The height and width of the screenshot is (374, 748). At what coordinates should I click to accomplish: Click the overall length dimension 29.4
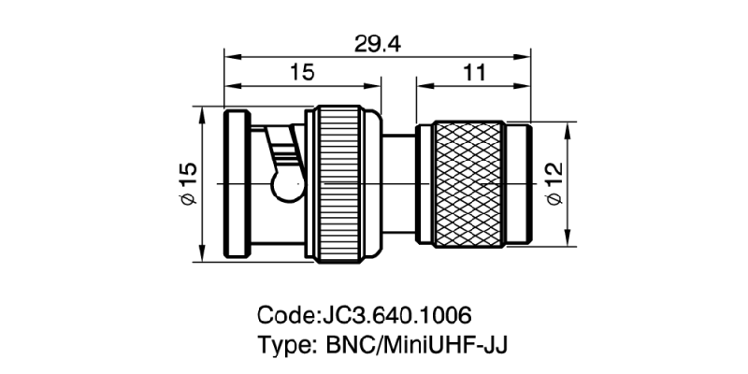[377, 43]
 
